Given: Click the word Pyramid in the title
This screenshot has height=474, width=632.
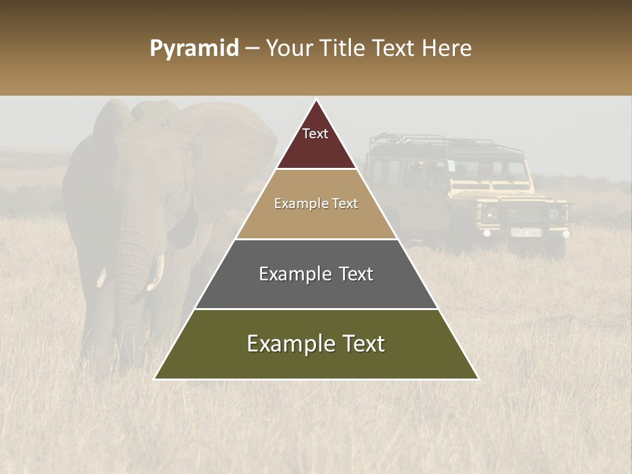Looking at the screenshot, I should coord(194,49).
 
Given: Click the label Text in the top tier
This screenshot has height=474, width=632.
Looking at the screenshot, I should coord(315,134).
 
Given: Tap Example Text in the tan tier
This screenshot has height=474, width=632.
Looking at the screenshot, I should coord(316,203).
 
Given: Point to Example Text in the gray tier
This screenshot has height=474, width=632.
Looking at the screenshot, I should coord(316,274).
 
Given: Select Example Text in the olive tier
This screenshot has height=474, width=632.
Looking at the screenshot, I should coord(316,344).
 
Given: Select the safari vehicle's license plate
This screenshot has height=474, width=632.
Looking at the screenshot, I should coord(526,232).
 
